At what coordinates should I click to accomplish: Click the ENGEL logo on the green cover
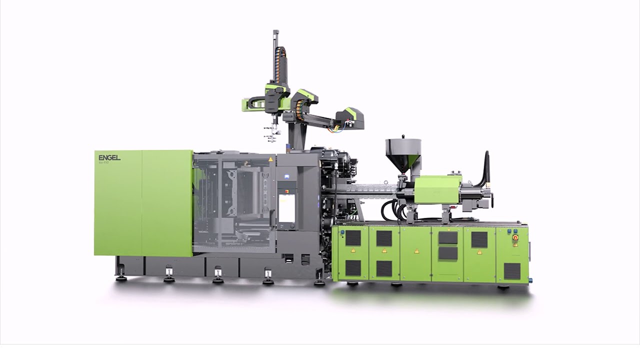point(109,157)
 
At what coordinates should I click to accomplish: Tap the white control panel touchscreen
point(286,208)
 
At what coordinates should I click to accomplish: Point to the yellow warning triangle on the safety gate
point(271,159)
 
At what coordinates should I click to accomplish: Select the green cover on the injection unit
point(437,189)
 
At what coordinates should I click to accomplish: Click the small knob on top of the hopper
point(402,136)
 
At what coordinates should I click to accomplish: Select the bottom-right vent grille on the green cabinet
point(512,271)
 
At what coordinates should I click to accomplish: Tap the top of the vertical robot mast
point(275,33)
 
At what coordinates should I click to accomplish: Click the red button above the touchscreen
point(286,190)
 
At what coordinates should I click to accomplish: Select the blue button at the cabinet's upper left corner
point(342,232)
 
